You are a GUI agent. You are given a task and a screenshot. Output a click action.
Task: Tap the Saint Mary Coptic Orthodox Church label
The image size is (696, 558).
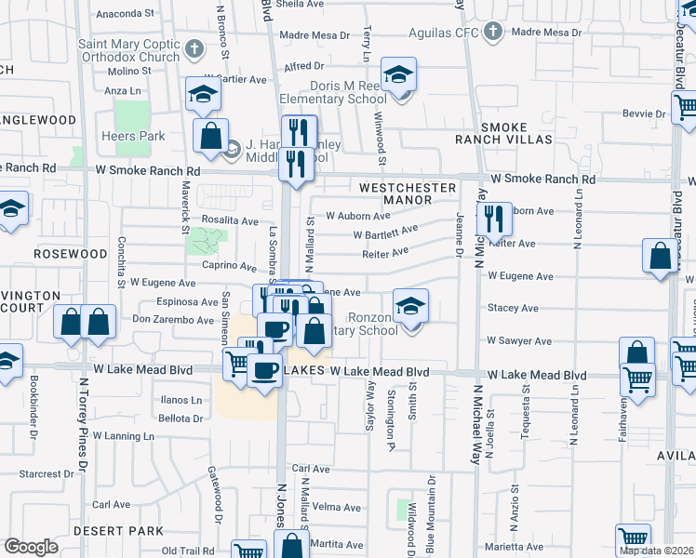click(x=128, y=50)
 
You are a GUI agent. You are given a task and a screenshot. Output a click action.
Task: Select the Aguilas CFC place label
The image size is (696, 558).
click(x=447, y=33)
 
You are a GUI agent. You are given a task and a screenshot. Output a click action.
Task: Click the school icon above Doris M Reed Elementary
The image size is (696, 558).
click(x=398, y=75)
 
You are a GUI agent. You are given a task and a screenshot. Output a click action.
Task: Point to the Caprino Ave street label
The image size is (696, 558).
click(x=230, y=266)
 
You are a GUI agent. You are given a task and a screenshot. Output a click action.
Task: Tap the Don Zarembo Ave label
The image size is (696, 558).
click(x=173, y=320)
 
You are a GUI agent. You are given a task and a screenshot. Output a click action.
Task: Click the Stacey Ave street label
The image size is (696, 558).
click(x=513, y=307)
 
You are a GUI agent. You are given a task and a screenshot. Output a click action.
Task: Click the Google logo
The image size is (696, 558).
click(x=31, y=546)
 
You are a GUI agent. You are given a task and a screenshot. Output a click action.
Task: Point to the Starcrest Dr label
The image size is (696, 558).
click(x=39, y=473)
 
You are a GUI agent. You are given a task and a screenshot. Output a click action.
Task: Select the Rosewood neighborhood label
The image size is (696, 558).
click(x=71, y=253)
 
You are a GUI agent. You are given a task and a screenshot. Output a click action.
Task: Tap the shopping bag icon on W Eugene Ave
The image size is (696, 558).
click(x=660, y=259)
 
